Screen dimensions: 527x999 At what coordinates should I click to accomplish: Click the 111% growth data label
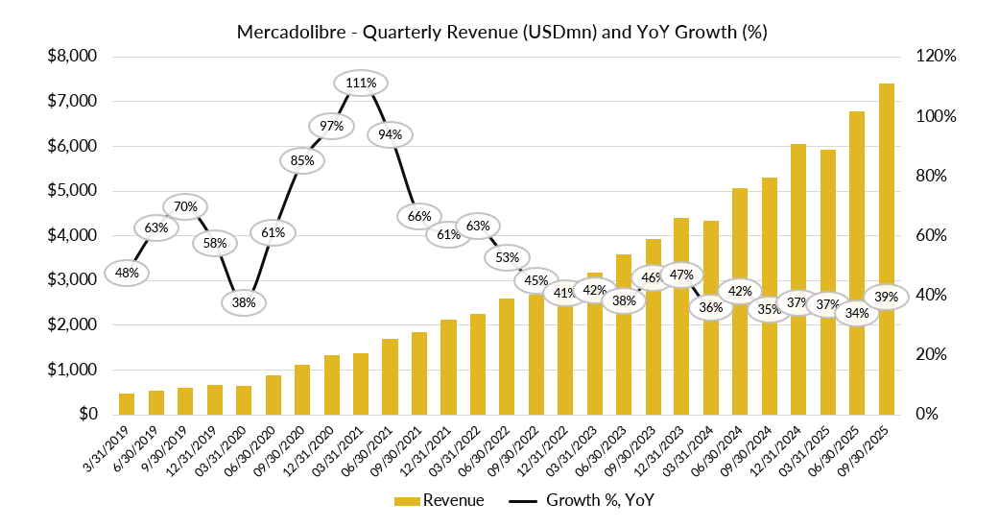pyautogui.click(x=361, y=84)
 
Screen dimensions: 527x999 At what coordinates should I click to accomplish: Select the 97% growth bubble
pyautogui.click(x=331, y=127)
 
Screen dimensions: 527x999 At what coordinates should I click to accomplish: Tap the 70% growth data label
pyautogui.click(x=186, y=206)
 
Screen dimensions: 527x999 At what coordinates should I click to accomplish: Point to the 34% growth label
pyautogui.click(x=858, y=313)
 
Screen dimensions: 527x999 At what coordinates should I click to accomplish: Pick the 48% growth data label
pyautogui.click(x=128, y=273)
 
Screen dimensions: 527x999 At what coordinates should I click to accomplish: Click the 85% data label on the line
pyautogui.click(x=302, y=160)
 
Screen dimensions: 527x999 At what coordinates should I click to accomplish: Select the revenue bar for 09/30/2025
pyautogui.click(x=886, y=249)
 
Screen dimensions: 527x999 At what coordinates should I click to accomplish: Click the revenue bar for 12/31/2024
pyautogui.click(x=798, y=279)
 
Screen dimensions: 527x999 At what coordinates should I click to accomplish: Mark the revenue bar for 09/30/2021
pyautogui.click(x=419, y=373)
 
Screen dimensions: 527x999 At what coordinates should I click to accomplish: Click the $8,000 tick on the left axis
pyautogui.click(x=73, y=57)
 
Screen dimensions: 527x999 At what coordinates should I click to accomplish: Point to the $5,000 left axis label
pyautogui.click(x=73, y=191)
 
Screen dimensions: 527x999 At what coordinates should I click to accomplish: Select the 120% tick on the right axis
pyautogui.click(x=936, y=57)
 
